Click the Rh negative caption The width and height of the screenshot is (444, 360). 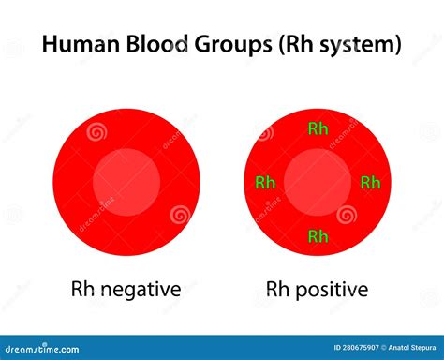tap(126, 288)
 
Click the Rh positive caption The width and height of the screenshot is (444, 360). tap(317, 288)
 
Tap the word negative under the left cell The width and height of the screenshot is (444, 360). tap(140, 289)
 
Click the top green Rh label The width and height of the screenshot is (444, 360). tap(318, 128)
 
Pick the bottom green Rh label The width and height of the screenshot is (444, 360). tap(318, 236)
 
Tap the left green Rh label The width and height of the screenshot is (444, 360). tap(265, 182)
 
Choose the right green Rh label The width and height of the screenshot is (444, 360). tap(371, 182)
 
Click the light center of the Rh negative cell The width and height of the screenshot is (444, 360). tap(126, 182)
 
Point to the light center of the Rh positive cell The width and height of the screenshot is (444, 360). tap(318, 182)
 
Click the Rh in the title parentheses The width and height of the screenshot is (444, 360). tap(294, 44)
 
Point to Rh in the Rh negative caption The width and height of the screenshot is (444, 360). tap(82, 288)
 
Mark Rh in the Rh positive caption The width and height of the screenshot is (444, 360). tap(277, 288)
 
